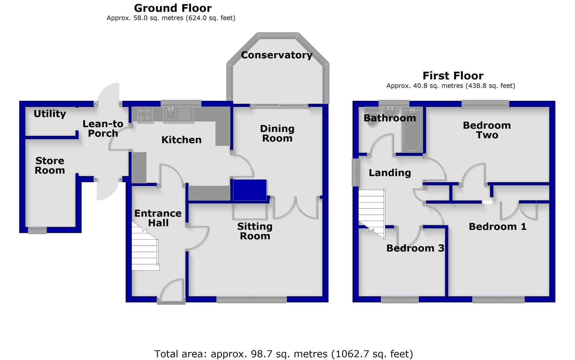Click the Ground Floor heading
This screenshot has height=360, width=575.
pyautogui.click(x=173, y=8)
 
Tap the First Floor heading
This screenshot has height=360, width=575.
pyautogui.click(x=453, y=76)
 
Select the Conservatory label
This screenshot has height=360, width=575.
pyautogui.click(x=277, y=55)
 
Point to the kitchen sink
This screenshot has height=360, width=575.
pyautogui.click(x=171, y=114)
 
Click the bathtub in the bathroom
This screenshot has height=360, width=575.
pyautogui.click(x=412, y=130)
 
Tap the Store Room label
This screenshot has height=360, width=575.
pyautogui.click(x=50, y=165)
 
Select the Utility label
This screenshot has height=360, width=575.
pyautogui.click(x=50, y=114)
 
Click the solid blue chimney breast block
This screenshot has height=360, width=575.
pyautogui.click(x=249, y=190)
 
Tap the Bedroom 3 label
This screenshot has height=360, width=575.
pyautogui.click(x=415, y=248)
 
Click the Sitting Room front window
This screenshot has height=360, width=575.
pyautogui.click(x=252, y=300)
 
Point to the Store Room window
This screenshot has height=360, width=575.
pyautogui.click(x=37, y=230)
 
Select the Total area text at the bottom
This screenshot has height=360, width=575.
pyautogui.click(x=284, y=354)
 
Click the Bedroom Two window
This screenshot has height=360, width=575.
pyautogui.click(x=485, y=104)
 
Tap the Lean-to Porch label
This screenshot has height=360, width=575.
pyautogui.click(x=103, y=129)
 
